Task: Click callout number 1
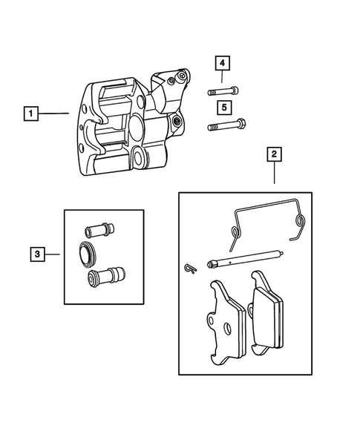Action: click(30, 114)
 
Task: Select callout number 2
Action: click(274, 154)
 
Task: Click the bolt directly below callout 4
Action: click(223, 91)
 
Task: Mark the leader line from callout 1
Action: click(53, 114)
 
